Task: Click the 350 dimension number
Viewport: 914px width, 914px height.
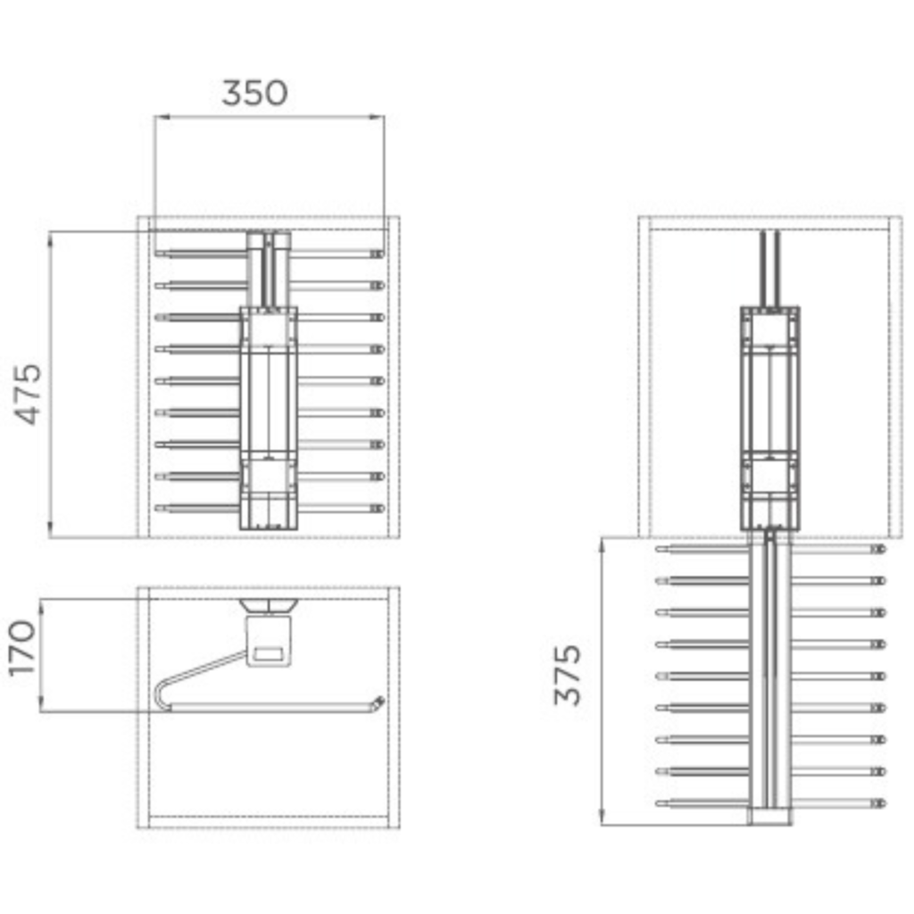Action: click(254, 93)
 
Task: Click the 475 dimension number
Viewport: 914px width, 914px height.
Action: click(29, 394)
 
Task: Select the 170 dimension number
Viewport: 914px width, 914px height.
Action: click(22, 648)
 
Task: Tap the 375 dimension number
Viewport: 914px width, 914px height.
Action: click(568, 675)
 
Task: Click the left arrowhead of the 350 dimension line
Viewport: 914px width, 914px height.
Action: click(162, 117)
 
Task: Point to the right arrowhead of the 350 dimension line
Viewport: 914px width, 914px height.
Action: click(378, 117)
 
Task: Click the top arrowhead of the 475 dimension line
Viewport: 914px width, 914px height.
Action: click(50, 239)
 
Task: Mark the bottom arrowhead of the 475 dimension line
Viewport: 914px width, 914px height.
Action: click(50, 529)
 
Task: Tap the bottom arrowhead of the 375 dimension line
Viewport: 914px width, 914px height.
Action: click(602, 817)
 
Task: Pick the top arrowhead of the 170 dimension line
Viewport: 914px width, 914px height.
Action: click(42, 607)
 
